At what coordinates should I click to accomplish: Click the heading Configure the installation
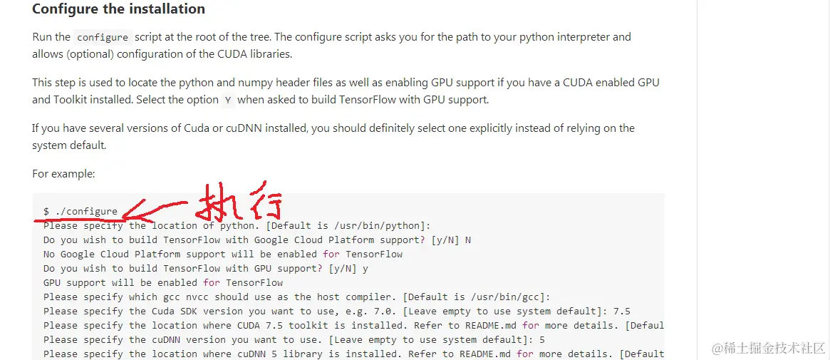[118, 9]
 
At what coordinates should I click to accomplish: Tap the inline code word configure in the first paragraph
[103, 37]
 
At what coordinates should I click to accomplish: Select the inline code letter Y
[227, 101]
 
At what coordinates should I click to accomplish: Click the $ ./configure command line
[81, 211]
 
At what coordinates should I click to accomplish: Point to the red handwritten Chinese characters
[239, 203]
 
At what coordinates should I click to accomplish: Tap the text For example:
[63, 173]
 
